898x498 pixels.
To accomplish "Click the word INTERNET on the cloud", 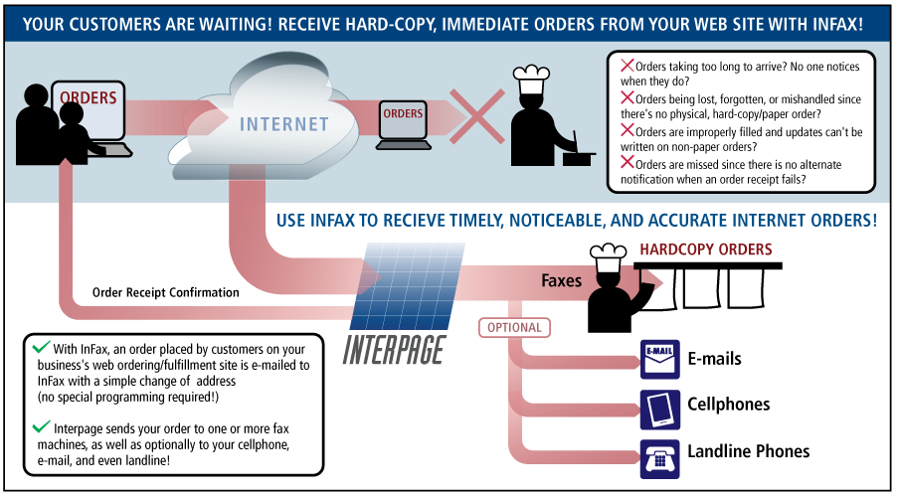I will pos(283,124).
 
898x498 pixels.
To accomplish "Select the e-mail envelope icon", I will pos(658,359).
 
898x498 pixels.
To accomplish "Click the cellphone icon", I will pos(658,406).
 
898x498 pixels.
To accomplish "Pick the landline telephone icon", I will pos(658,452).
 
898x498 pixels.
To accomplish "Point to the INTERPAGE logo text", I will pos(394,349).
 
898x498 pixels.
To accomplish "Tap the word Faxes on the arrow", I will pos(561,281).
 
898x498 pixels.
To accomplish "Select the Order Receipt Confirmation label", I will pos(165,293).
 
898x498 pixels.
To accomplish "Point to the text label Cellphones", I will pos(728,405).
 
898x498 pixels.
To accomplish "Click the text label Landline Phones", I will pos(748,451).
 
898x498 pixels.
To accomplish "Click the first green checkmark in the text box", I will pos(41,348).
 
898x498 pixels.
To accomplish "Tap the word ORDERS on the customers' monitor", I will pos(89,98).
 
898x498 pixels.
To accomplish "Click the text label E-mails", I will pos(714,359).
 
